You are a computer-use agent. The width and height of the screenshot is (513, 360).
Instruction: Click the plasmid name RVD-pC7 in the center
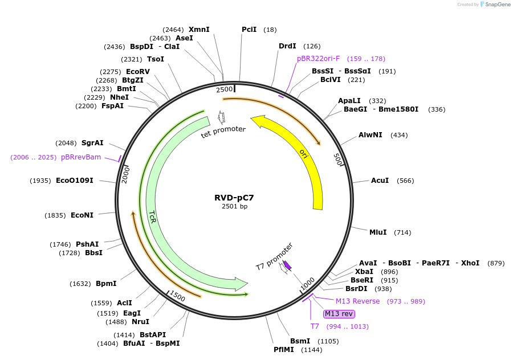(x=234, y=198)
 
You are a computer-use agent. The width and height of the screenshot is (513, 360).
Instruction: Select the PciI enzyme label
(x=249, y=30)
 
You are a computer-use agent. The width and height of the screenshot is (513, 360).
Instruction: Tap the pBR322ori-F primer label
(x=318, y=59)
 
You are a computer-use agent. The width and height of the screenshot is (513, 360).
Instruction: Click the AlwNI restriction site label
(x=371, y=135)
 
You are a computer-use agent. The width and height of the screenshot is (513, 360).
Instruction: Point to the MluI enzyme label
(x=378, y=232)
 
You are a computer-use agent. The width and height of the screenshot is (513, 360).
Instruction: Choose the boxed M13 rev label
(x=339, y=314)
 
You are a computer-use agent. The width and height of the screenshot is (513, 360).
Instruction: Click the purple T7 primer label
(x=315, y=326)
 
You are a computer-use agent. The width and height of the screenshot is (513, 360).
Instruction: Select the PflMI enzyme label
(x=283, y=349)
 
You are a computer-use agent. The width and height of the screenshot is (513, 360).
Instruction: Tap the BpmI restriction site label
(x=106, y=284)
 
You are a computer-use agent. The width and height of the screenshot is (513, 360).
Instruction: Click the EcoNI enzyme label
(x=82, y=215)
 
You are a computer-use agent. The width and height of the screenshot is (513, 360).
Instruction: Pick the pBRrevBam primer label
(x=81, y=157)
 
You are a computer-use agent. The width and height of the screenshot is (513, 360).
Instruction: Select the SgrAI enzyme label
(x=92, y=143)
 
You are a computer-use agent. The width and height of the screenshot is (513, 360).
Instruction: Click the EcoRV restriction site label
(x=138, y=72)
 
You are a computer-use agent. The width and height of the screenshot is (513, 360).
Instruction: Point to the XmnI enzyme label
(x=199, y=30)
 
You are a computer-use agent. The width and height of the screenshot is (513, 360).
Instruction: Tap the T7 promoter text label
(x=274, y=256)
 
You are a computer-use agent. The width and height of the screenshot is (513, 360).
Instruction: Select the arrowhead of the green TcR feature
(x=242, y=283)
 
